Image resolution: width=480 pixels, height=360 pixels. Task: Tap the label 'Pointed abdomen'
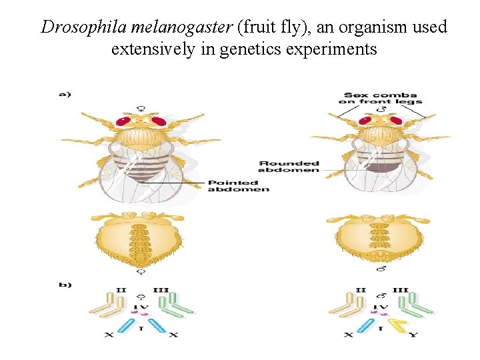point(239,186)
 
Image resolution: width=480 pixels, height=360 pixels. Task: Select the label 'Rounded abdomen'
point(289,167)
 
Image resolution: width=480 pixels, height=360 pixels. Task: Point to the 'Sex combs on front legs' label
point(380,98)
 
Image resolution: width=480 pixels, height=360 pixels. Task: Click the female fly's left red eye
point(124,122)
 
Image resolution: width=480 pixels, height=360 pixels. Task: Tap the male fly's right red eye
point(395,121)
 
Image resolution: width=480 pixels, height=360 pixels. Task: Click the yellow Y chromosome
point(399,325)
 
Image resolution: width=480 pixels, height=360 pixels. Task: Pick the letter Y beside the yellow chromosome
point(414,334)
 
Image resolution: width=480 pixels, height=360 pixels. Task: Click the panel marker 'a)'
point(65,95)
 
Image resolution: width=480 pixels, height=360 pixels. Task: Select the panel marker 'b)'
point(65,285)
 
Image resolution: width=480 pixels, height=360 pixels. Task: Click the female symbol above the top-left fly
point(141,108)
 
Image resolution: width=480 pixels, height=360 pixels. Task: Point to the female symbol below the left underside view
point(141,271)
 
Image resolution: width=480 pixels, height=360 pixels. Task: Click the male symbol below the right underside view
point(381,269)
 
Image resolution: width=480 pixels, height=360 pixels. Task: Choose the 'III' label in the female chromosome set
point(161,291)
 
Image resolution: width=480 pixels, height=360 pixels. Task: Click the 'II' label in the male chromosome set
point(361,291)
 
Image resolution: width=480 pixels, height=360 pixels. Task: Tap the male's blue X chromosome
point(365,325)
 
